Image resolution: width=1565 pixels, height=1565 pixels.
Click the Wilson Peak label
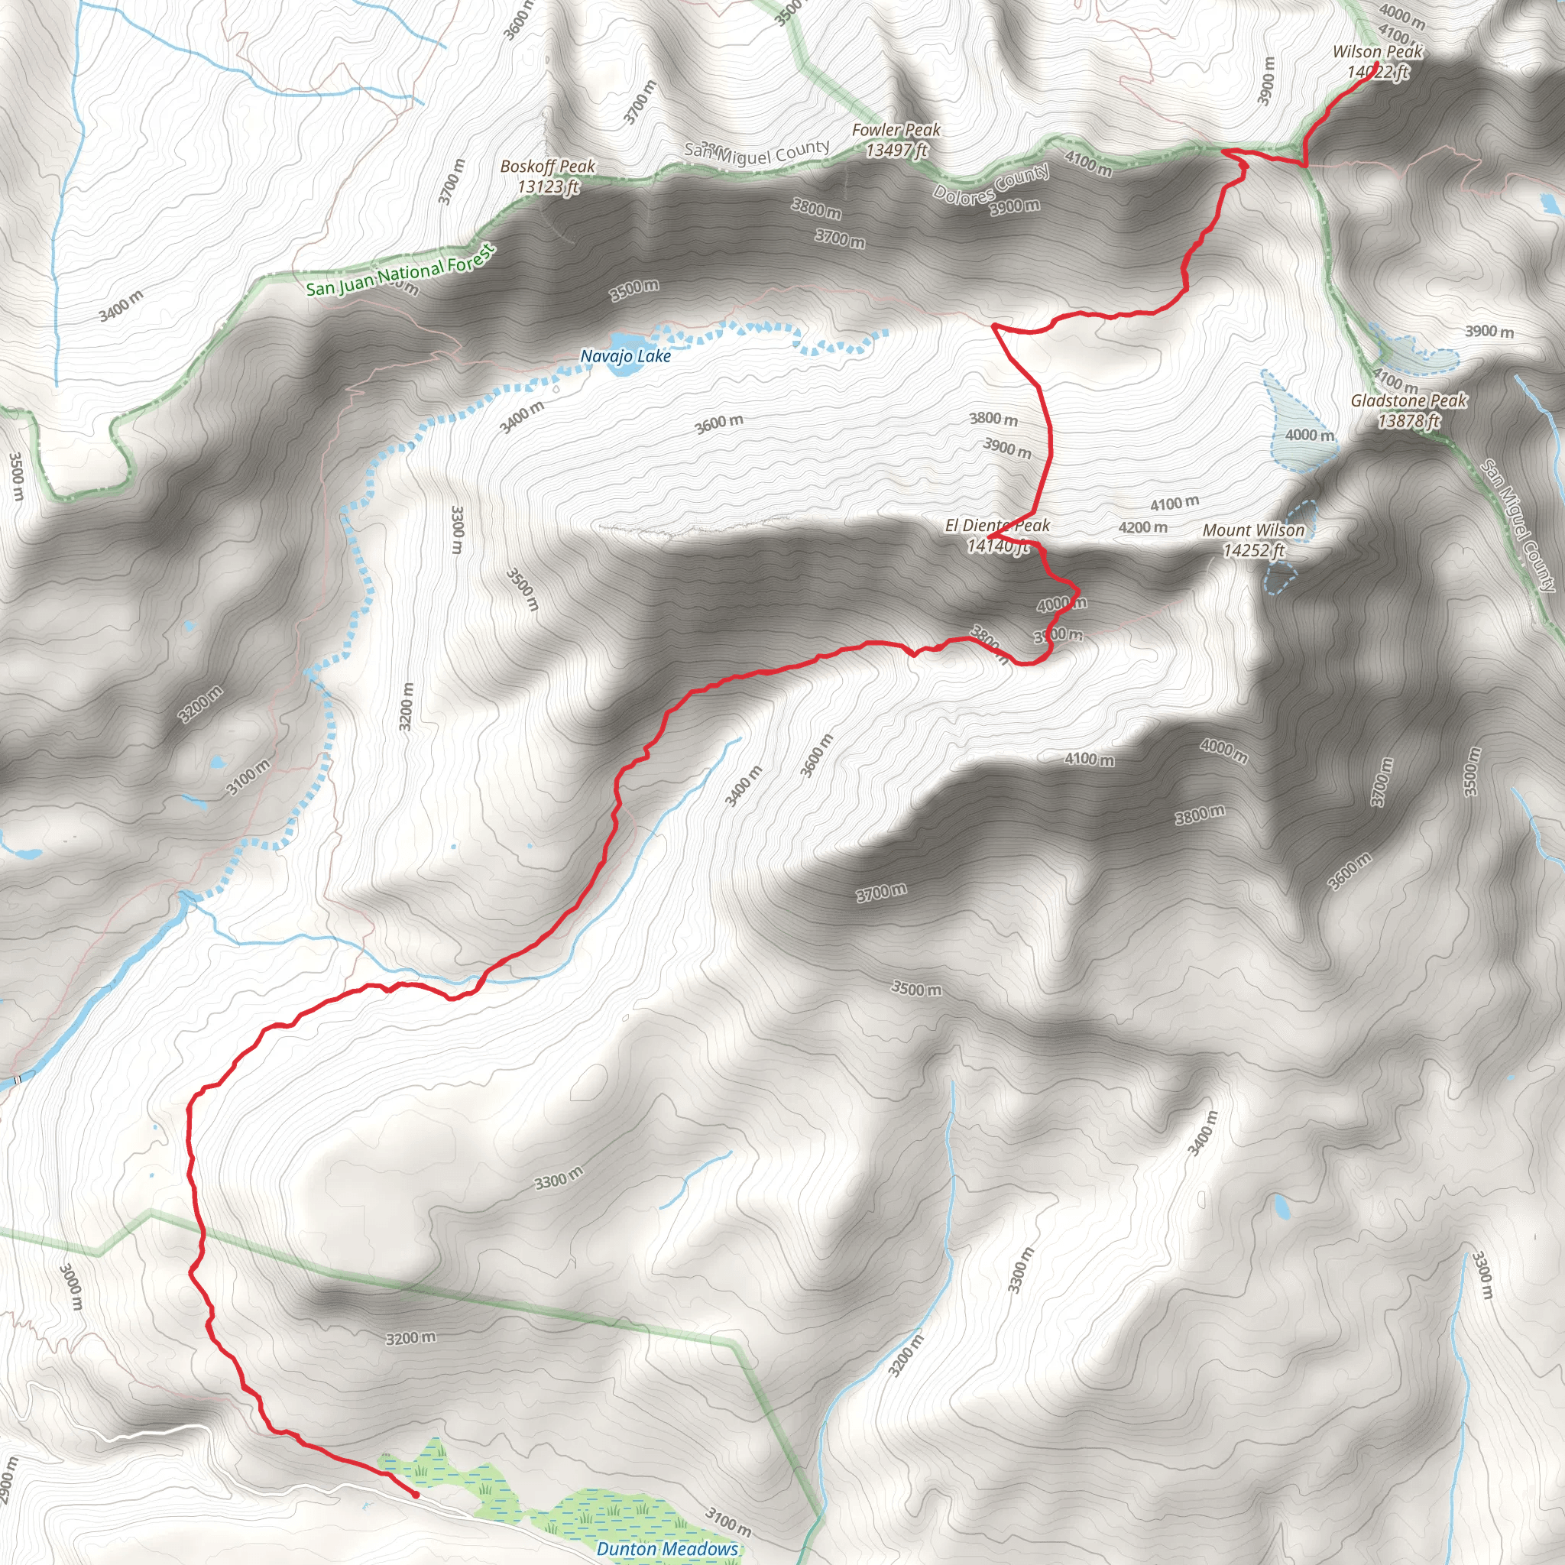coord(1377,52)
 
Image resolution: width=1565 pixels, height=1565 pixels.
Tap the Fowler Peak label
coord(896,130)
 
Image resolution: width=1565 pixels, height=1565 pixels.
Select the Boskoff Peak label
coord(548,166)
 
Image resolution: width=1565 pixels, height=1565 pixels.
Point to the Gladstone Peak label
coord(1408,400)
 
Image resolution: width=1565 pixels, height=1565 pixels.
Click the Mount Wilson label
coord(1253,530)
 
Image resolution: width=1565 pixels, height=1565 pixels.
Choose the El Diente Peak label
coord(997,526)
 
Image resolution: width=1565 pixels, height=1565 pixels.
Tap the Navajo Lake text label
coord(625,356)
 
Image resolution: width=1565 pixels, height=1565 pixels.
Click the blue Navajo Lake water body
coord(625,339)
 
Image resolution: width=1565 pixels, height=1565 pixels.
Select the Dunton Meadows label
coord(667,1549)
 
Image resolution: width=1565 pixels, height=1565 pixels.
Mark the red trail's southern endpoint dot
coord(416,1495)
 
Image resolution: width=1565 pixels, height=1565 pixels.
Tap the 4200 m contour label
coord(1143,527)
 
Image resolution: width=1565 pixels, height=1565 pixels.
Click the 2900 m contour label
coord(8,1482)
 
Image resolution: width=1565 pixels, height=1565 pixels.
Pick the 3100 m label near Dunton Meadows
coord(728,1521)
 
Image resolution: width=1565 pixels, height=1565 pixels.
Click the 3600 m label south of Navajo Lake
coord(718,423)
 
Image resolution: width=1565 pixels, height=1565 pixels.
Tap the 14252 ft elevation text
coord(1253,551)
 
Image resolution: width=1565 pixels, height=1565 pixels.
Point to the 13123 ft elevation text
coord(548,187)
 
